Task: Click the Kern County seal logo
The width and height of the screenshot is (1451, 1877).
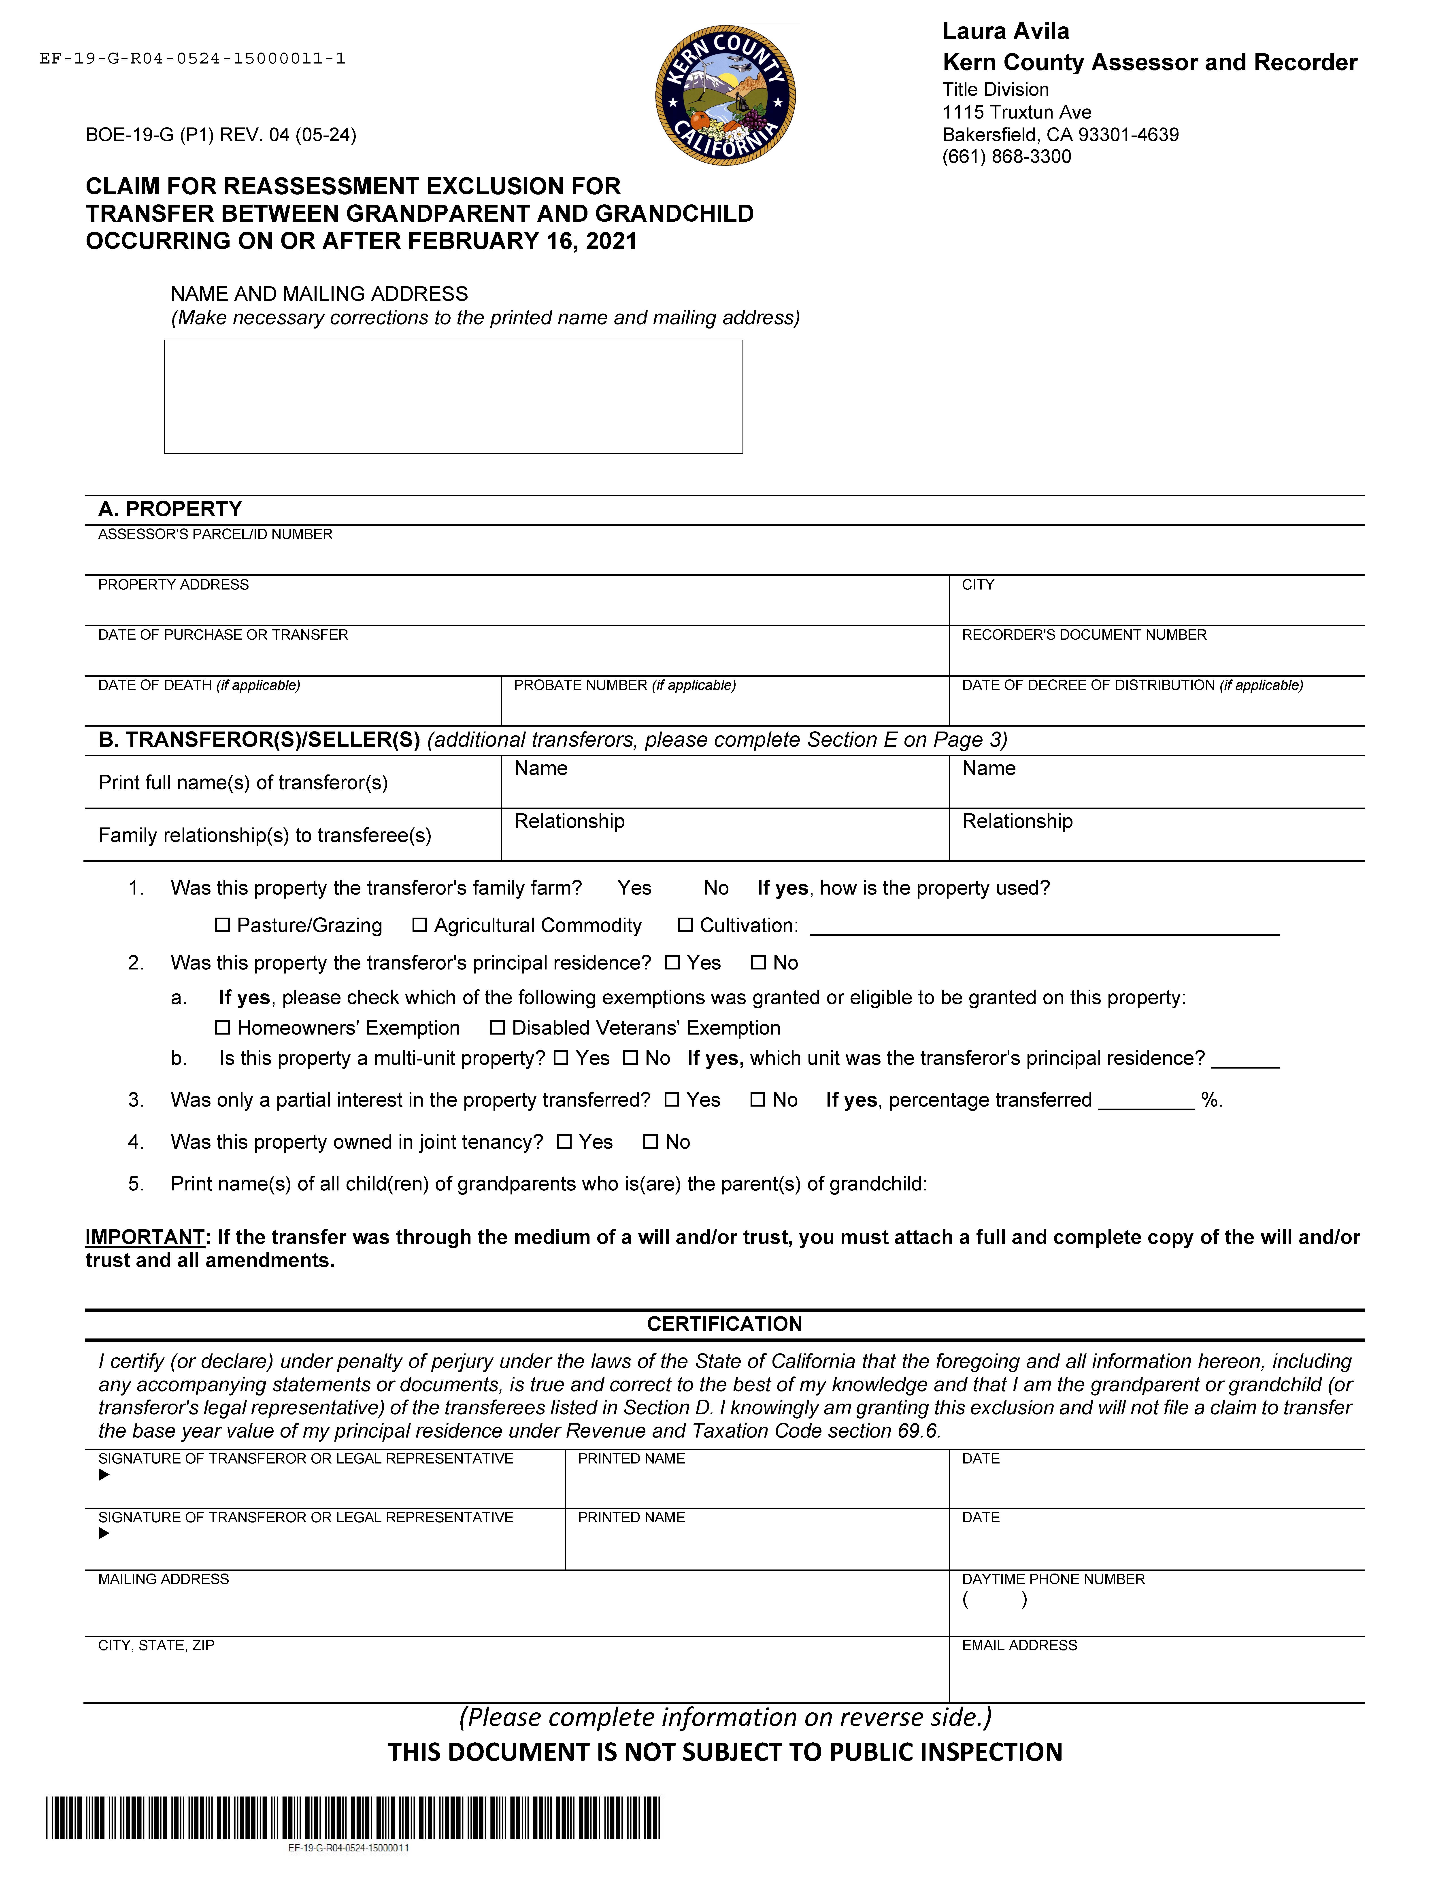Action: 725,95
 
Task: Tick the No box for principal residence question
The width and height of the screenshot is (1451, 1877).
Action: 758,963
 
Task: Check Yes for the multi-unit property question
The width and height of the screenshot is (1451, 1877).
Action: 561,1058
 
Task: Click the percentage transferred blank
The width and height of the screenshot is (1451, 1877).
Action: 1146,1102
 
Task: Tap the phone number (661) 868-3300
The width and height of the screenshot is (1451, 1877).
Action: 1006,156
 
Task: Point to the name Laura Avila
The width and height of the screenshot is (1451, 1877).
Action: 1006,32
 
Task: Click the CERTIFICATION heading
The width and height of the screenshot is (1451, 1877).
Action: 725,1323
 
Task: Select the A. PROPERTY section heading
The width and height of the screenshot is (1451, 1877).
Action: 170,509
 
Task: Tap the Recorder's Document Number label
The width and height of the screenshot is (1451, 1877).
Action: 1084,634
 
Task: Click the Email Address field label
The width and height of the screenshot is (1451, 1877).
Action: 1019,1645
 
